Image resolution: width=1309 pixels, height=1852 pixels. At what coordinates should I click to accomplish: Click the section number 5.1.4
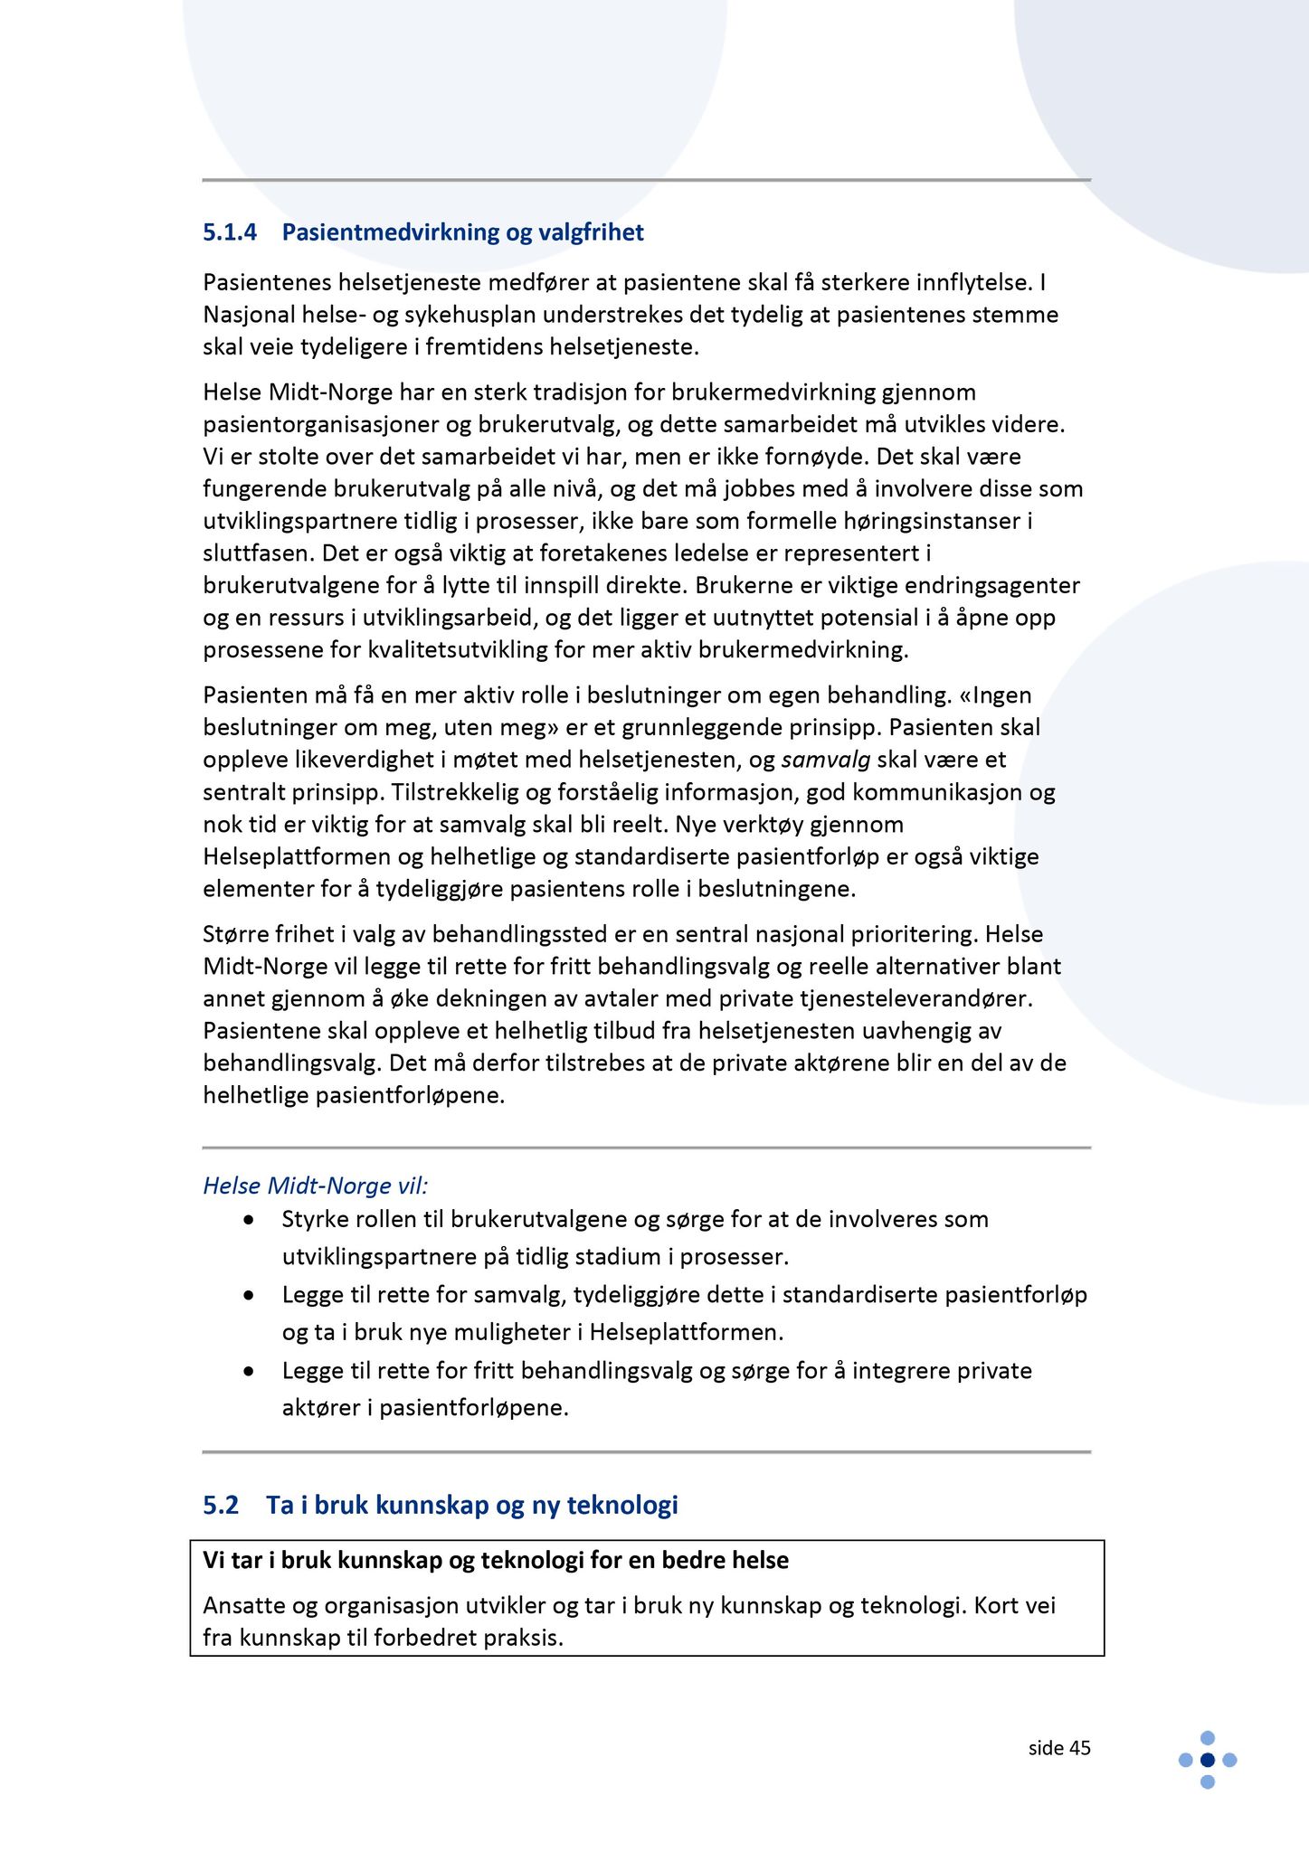(230, 232)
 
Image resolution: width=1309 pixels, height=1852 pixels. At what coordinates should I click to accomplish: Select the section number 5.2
(221, 1505)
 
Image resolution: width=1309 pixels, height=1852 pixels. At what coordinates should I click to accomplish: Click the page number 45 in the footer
(1079, 1748)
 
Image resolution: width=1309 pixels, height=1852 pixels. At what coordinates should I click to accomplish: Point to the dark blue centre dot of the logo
(1207, 1760)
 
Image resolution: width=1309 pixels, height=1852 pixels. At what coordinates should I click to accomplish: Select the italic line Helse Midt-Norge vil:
(316, 1186)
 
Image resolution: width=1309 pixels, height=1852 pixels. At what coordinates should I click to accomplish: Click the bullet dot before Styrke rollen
(249, 1220)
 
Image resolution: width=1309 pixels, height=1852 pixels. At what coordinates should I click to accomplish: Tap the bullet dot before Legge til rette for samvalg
(249, 1296)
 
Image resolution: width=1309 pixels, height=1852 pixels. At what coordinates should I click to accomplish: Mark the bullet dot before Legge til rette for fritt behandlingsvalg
(249, 1372)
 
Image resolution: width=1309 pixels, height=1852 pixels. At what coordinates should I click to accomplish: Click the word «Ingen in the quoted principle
(995, 694)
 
